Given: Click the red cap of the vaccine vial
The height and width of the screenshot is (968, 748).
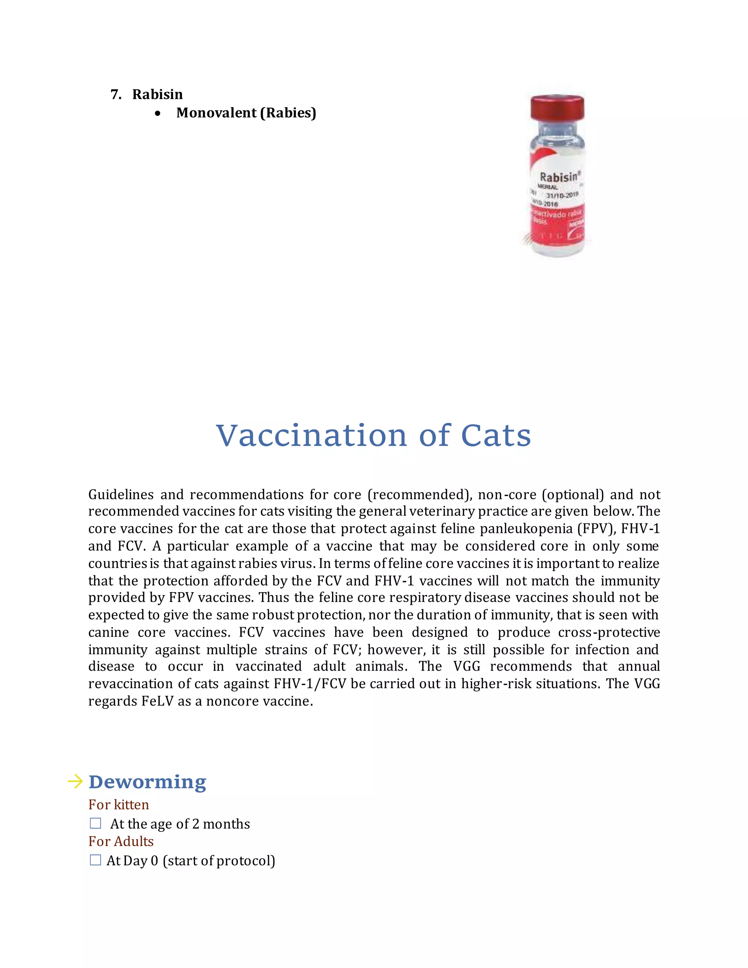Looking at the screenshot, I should pyautogui.click(x=557, y=107).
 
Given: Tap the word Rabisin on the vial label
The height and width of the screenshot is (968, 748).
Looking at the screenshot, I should pyautogui.click(x=559, y=177).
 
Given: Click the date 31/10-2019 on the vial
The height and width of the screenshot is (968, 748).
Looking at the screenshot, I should pyautogui.click(x=561, y=195).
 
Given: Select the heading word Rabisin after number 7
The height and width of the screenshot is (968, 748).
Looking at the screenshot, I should pyautogui.click(x=157, y=94).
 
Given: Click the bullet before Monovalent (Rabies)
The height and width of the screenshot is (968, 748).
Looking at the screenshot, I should pyautogui.click(x=158, y=114).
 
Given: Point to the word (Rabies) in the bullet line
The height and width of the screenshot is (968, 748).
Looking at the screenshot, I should pyautogui.click(x=288, y=113).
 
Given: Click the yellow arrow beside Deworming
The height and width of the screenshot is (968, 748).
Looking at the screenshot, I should pyautogui.click(x=75, y=781).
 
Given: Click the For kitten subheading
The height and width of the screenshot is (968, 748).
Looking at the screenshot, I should pyautogui.click(x=118, y=804).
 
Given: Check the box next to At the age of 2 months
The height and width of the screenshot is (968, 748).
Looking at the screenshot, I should pyautogui.click(x=95, y=823).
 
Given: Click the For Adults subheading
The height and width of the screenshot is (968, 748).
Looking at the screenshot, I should pyautogui.click(x=121, y=841).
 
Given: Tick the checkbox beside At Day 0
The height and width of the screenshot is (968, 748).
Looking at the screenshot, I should pyautogui.click(x=95, y=860).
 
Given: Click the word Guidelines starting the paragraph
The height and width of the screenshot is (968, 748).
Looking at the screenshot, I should pyautogui.click(x=121, y=494).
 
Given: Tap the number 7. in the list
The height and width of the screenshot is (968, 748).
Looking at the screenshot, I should pyautogui.click(x=116, y=94).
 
